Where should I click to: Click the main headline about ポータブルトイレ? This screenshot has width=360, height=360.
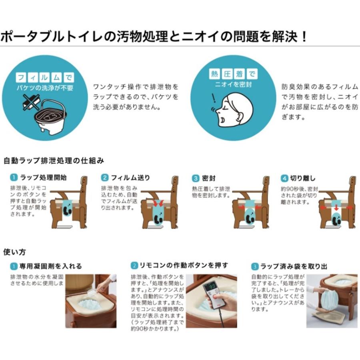click(x=154, y=37)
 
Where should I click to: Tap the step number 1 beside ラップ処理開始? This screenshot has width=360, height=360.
click(x=14, y=178)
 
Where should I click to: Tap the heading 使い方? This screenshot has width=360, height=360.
click(x=14, y=252)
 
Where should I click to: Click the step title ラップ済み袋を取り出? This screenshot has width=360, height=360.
click(x=294, y=266)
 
